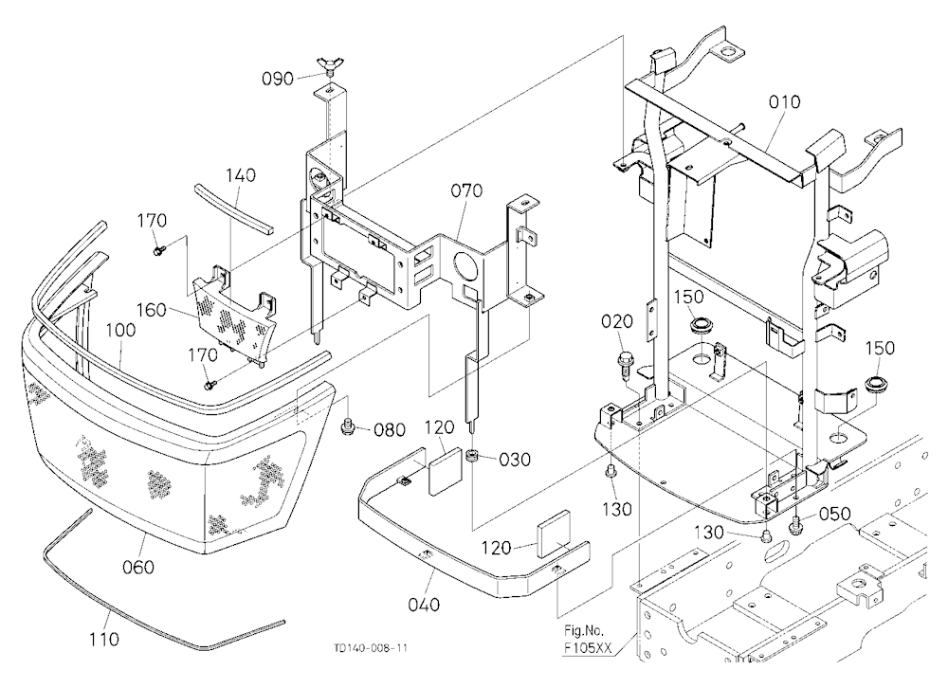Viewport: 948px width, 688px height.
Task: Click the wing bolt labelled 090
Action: pos(328,66)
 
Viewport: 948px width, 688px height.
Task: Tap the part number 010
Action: pos(784,101)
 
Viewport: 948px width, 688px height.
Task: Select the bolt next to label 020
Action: pos(624,363)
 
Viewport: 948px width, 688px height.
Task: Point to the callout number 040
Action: pos(424,604)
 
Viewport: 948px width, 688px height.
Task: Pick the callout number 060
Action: pos(138,567)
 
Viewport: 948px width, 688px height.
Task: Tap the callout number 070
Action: pos(466,190)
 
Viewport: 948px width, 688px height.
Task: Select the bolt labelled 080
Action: pos(349,426)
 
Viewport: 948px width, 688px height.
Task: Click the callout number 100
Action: pos(121,330)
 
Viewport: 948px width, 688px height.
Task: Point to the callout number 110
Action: pos(103,639)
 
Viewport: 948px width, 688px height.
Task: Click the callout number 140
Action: pos(241,175)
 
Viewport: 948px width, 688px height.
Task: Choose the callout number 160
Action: pos(152,310)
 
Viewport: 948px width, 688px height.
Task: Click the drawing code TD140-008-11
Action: pos(370,648)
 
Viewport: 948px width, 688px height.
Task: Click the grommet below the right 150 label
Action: pos(875,383)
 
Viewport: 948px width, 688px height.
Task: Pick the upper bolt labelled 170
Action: pos(159,248)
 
